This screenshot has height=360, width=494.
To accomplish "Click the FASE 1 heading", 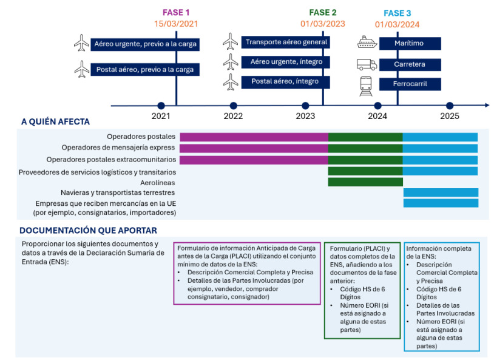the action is pyautogui.click(x=176, y=13).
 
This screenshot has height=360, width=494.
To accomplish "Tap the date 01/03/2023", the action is pyautogui.click(x=323, y=24).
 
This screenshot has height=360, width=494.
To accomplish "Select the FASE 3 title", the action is pyautogui.click(x=398, y=13).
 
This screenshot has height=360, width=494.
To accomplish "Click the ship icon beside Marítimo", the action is pyautogui.click(x=367, y=42).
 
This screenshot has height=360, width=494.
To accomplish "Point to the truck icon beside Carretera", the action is pyautogui.click(x=367, y=64).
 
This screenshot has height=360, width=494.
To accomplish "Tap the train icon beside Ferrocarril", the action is pyautogui.click(x=366, y=86).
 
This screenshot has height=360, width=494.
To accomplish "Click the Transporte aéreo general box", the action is pyautogui.click(x=285, y=42).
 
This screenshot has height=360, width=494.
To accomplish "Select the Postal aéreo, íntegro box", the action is pyautogui.click(x=285, y=81).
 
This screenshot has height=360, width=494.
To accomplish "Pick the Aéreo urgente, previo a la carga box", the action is pyautogui.click(x=145, y=44).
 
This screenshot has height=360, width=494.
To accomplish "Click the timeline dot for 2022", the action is pyautogui.click(x=234, y=106).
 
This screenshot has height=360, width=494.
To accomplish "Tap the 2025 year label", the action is pyautogui.click(x=450, y=116).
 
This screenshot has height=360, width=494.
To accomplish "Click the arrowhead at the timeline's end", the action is pyautogui.click(x=487, y=105).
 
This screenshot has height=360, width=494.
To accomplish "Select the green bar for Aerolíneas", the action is pyautogui.click(x=365, y=182).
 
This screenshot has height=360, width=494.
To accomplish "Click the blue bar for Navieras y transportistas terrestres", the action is pyautogui.click(x=441, y=192).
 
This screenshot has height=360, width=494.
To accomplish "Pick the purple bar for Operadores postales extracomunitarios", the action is pyautogui.click(x=254, y=160).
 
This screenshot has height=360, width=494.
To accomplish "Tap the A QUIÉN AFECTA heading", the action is pyautogui.click(x=55, y=121).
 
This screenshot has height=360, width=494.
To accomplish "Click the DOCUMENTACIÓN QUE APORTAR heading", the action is pyautogui.click(x=88, y=231).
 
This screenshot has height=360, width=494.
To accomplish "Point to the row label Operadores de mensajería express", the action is pyautogui.click(x=118, y=148).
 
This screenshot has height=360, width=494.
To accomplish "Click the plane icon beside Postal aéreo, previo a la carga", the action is pyautogui.click(x=82, y=69).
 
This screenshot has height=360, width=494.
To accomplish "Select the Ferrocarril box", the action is pyautogui.click(x=410, y=84).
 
